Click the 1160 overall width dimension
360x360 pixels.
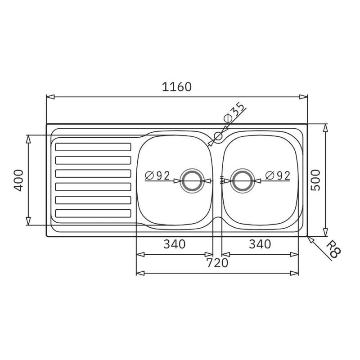click(176, 87)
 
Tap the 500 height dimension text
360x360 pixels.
click(315, 180)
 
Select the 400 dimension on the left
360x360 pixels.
click(18, 180)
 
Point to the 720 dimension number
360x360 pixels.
click(217, 263)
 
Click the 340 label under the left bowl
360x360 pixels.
click(174, 244)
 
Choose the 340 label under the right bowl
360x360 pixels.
click(260, 244)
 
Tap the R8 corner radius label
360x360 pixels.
click(333, 249)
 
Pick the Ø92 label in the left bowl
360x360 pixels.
click(157, 176)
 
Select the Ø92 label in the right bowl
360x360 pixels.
click(278, 176)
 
